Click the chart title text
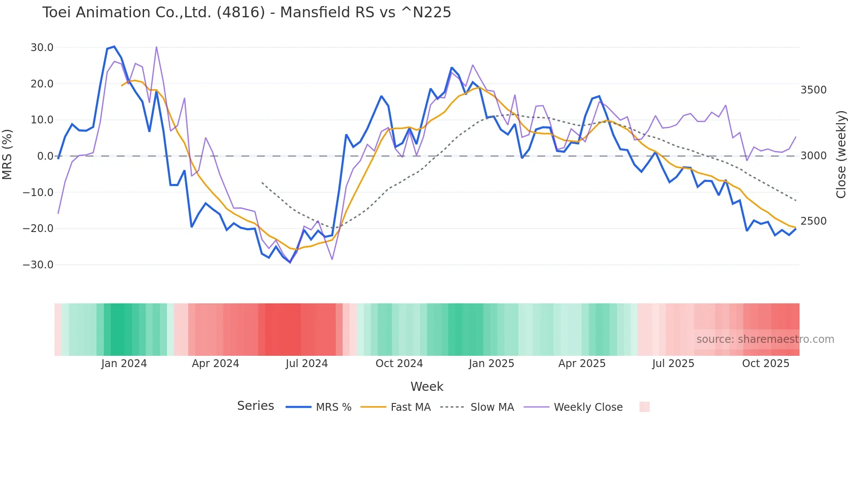click(247, 13)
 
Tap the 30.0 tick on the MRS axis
click(42, 48)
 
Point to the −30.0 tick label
click(38, 265)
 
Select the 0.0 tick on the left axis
click(45, 156)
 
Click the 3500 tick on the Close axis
click(813, 90)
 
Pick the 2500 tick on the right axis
click(813, 221)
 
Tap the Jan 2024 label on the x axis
click(124, 364)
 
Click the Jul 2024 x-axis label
click(307, 364)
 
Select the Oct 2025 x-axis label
click(766, 364)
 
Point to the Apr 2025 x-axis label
click(582, 364)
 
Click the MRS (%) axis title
click(7, 154)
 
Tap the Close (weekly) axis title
click(841, 154)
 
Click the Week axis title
click(427, 387)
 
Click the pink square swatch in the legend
click(645, 407)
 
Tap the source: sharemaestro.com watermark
click(765, 339)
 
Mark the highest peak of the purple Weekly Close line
click(156, 47)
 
